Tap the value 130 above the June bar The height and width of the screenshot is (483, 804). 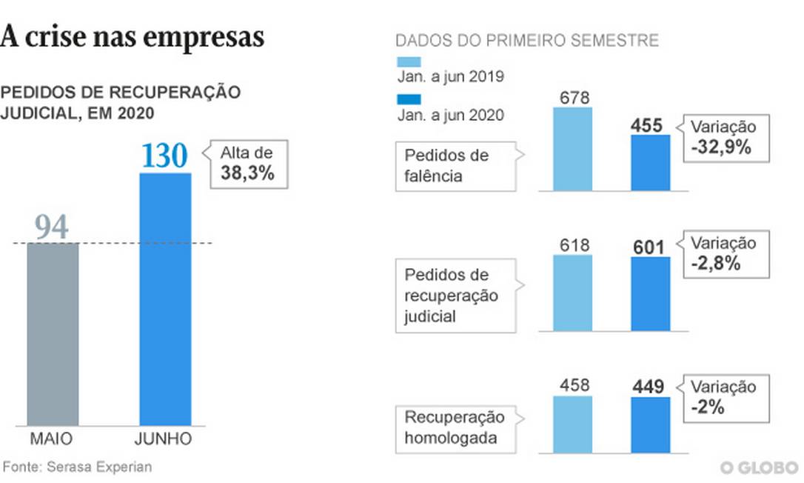(165, 156)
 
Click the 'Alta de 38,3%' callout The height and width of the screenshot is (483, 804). (247, 164)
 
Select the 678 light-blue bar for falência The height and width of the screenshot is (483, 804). (572, 149)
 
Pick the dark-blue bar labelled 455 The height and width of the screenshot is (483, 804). (650, 163)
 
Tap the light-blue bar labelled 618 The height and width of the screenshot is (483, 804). (572, 293)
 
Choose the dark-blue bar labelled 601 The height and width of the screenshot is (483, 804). (650, 293)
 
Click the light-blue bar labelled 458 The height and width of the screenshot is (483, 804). (572, 423)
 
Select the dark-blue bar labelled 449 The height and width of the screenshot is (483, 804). (650, 424)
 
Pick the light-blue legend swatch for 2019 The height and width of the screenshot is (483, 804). (409, 61)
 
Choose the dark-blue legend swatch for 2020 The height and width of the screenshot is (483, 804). (409, 99)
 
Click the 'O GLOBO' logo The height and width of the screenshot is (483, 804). (760, 467)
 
